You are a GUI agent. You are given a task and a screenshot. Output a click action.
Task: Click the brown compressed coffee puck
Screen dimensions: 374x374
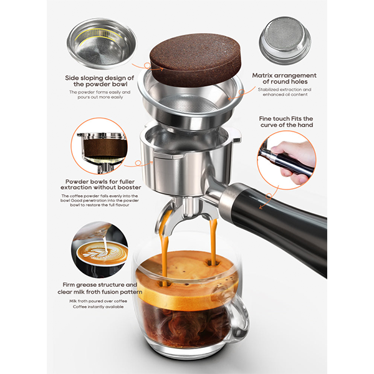[191, 60]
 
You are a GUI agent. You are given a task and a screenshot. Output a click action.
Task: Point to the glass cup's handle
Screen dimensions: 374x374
[241, 318]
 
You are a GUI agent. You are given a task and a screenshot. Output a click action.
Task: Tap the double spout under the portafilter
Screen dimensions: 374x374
[187, 215]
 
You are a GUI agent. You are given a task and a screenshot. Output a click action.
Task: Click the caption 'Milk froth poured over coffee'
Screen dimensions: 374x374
[100, 301]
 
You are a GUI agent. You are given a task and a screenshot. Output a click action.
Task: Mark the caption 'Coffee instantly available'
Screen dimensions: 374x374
[100, 307]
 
